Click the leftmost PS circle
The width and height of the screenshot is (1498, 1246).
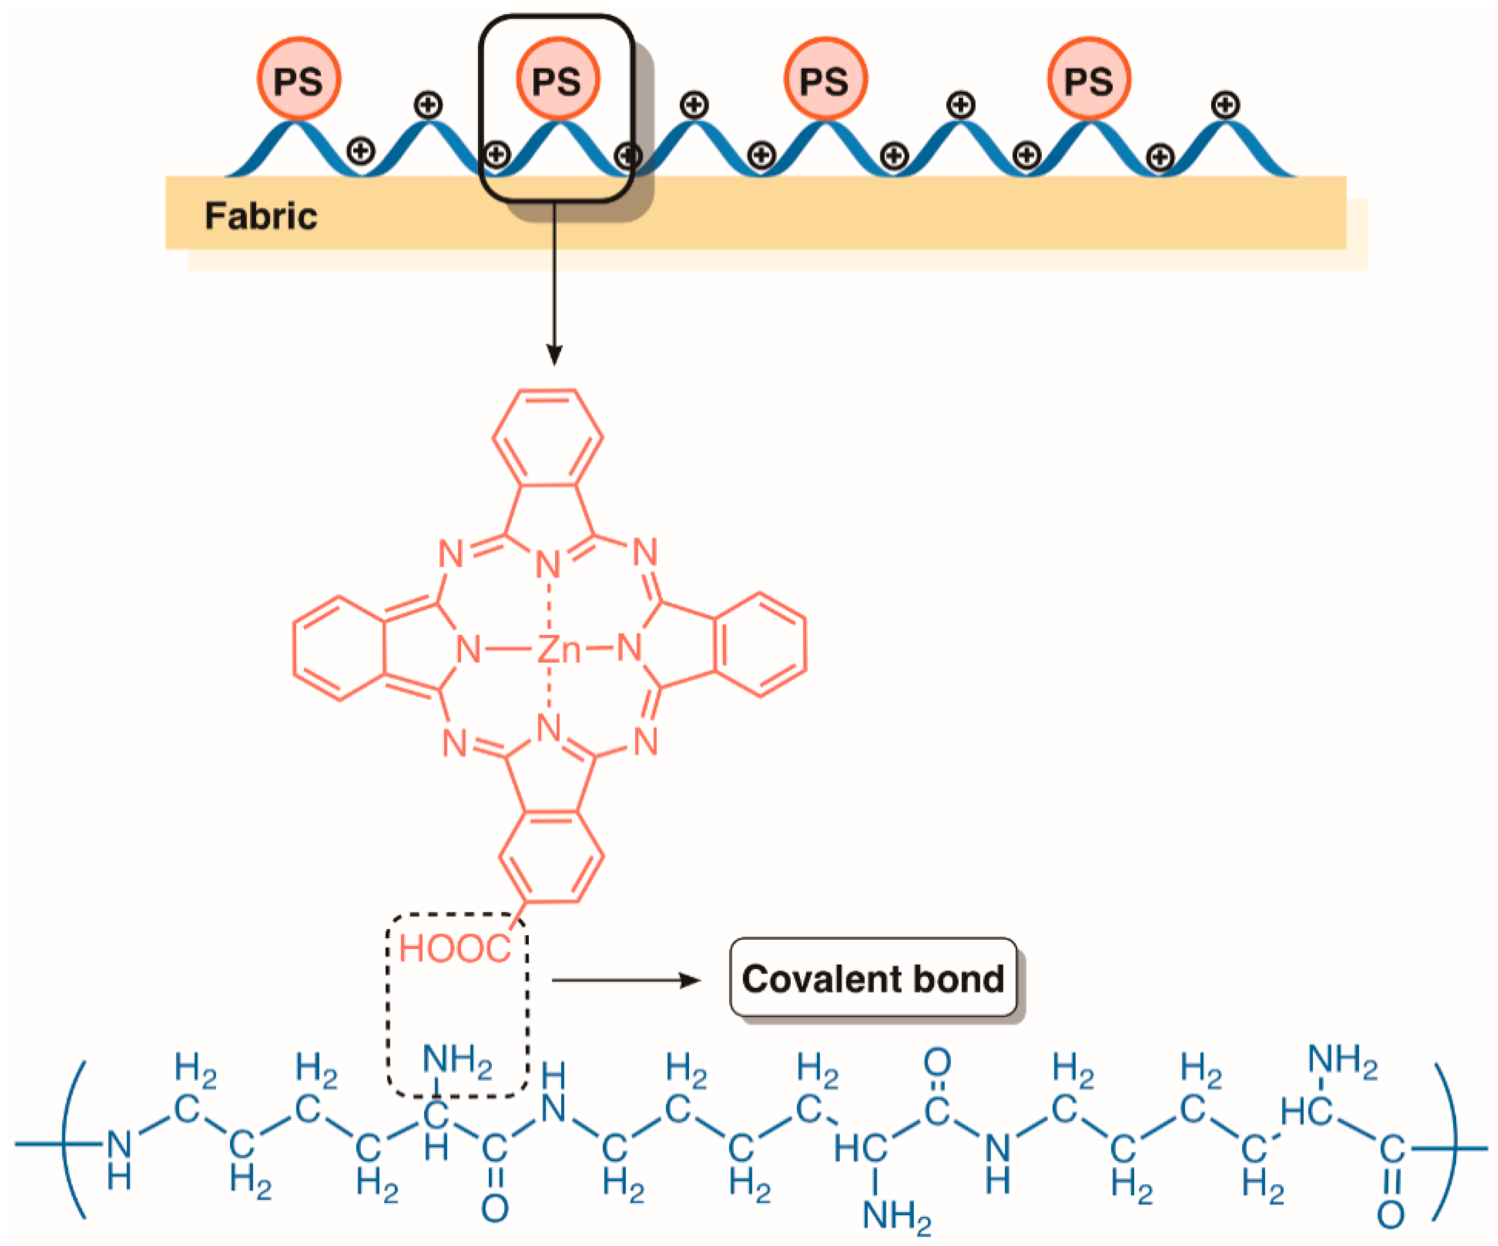(298, 79)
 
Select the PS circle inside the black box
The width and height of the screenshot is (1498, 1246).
(557, 79)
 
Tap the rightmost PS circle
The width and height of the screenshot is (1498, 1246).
(1088, 79)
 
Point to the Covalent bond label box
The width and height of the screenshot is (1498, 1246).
(873, 978)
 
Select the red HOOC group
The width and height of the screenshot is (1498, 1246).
(454, 949)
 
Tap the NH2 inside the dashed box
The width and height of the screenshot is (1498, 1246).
(457, 1060)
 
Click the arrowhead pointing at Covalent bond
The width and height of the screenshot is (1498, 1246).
(691, 980)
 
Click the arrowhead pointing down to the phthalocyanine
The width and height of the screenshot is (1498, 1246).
(554, 356)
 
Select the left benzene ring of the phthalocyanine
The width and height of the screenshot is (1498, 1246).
(339, 648)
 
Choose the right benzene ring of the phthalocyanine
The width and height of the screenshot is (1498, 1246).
(760, 644)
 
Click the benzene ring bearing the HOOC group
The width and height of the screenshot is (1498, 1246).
(552, 857)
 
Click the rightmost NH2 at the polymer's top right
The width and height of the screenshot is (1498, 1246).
(1342, 1060)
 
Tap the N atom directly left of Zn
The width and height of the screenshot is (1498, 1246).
(468, 649)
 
